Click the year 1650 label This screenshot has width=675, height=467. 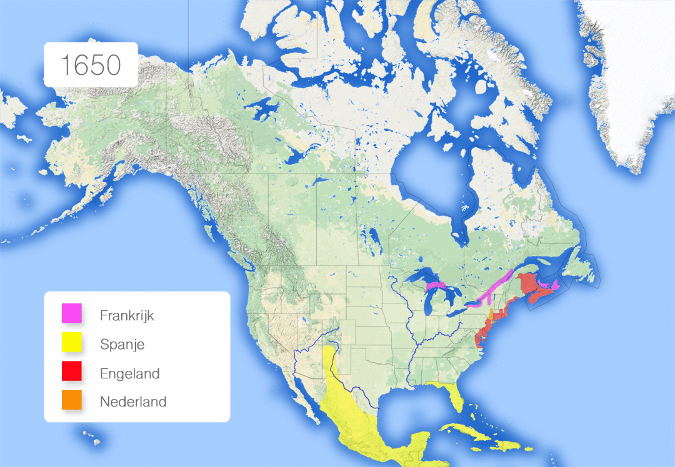click(90, 65)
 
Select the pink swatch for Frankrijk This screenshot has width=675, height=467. click(72, 313)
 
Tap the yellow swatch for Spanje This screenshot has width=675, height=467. click(72, 343)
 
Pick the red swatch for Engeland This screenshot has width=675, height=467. click(72, 372)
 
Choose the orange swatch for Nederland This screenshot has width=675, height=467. click(72, 401)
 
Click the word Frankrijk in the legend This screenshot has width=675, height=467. click(127, 315)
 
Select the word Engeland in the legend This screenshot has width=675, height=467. click(130, 374)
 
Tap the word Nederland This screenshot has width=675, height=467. click(133, 401)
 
